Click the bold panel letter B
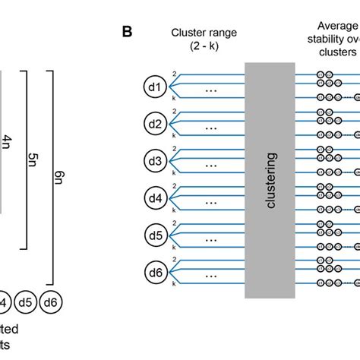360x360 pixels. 127,34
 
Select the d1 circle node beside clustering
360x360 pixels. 155,87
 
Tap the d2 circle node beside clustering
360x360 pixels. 155,124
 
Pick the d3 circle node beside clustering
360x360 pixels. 155,161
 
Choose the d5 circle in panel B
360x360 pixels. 155,235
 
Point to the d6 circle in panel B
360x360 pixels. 155,271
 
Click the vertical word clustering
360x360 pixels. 272,179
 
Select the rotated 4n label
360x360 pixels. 7,141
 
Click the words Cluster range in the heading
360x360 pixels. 203,33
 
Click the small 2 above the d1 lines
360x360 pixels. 174,74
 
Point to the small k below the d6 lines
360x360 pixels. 174,285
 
